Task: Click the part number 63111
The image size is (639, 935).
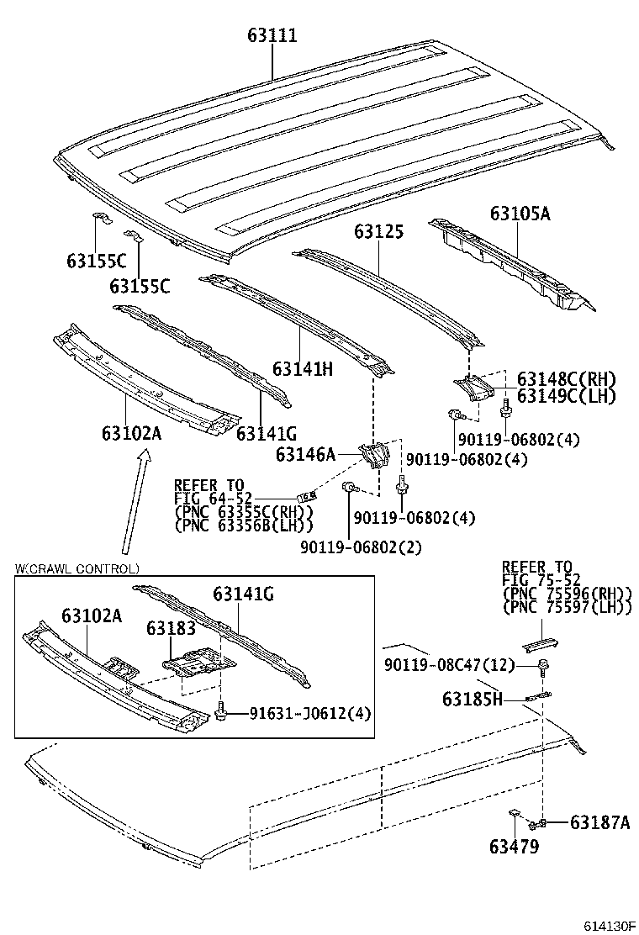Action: click(x=272, y=36)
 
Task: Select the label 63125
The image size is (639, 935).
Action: click(x=378, y=232)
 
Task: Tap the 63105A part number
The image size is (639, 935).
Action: click(x=520, y=214)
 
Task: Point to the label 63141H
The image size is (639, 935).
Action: click(x=303, y=368)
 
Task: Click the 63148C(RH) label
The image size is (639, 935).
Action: click(x=565, y=379)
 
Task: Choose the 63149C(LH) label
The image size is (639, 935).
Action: click(x=565, y=396)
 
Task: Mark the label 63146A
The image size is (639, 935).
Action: click(x=305, y=455)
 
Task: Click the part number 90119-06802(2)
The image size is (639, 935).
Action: click(x=361, y=547)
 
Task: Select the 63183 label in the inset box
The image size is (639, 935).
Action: click(x=171, y=628)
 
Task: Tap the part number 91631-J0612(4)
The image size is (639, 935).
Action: click(x=310, y=714)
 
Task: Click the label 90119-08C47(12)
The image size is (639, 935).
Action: click(x=451, y=665)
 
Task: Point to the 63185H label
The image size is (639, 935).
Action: click(x=472, y=698)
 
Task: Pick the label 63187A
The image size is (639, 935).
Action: click(x=599, y=821)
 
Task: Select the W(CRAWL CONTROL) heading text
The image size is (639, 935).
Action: click(x=77, y=568)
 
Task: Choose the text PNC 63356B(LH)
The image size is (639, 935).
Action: click(x=243, y=525)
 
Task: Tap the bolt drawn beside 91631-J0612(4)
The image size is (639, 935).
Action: click(x=221, y=713)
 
